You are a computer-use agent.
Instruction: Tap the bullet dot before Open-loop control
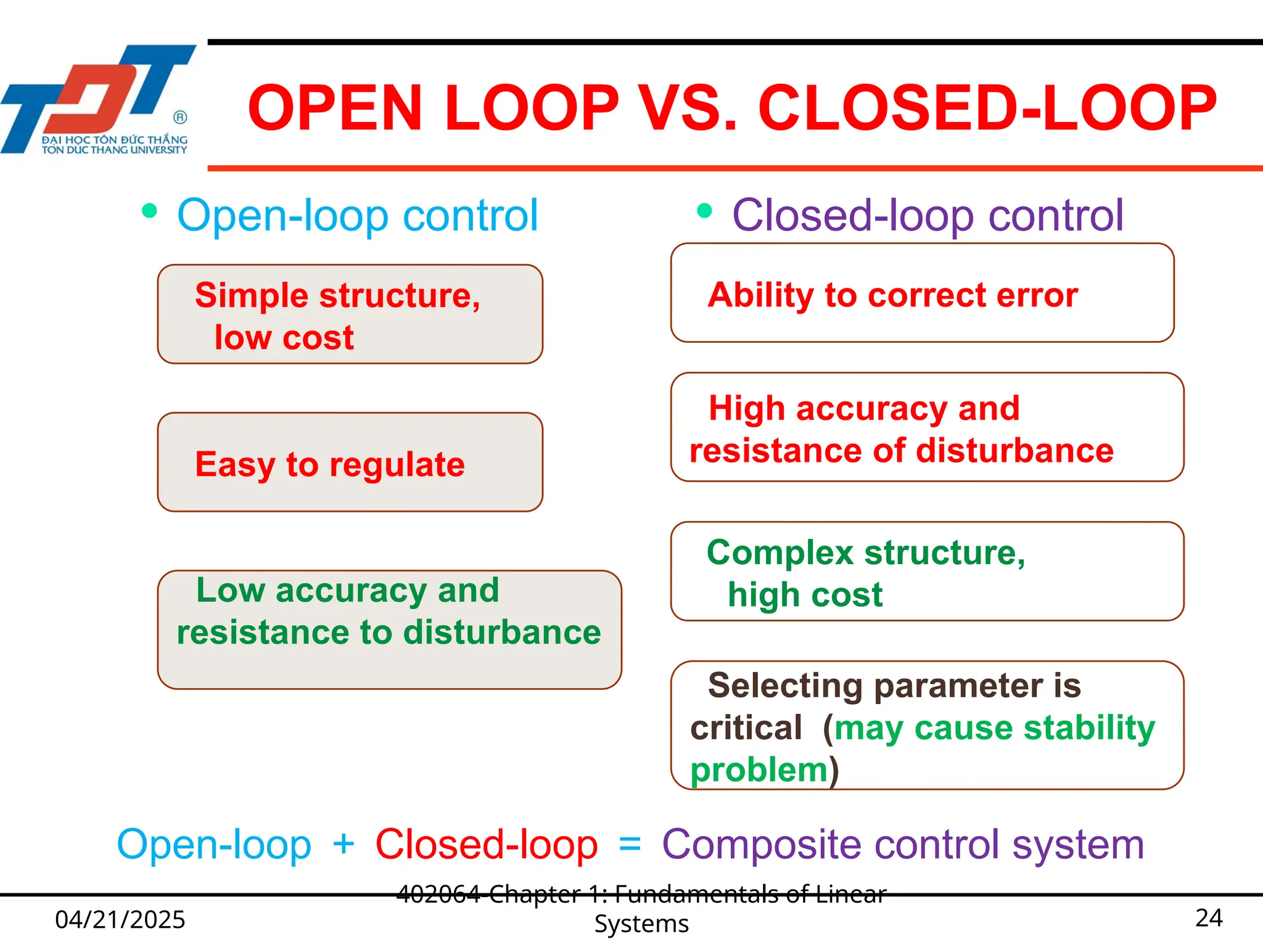click(x=149, y=211)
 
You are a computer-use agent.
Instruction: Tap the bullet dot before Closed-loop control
click(x=704, y=211)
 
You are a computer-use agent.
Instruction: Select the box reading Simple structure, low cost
click(x=350, y=314)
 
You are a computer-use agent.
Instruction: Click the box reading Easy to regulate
click(x=350, y=462)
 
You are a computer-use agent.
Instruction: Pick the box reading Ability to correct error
click(x=922, y=293)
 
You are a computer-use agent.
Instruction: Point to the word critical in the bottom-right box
click(x=746, y=728)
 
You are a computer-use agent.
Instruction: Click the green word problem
click(x=759, y=771)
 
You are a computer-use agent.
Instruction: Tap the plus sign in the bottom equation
click(x=344, y=843)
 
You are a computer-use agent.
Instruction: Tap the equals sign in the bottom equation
click(x=630, y=843)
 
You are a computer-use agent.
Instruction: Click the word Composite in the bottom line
click(x=761, y=845)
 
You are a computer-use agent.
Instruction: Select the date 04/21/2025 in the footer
click(x=120, y=919)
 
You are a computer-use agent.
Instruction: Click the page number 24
click(x=1209, y=918)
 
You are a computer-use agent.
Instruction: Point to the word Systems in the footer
click(x=641, y=924)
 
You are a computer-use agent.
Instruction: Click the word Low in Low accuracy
click(x=230, y=590)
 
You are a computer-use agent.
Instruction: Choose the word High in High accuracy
click(x=746, y=409)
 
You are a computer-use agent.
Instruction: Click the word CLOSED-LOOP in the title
click(x=987, y=109)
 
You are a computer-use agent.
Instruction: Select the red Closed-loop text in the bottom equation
click(x=487, y=845)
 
